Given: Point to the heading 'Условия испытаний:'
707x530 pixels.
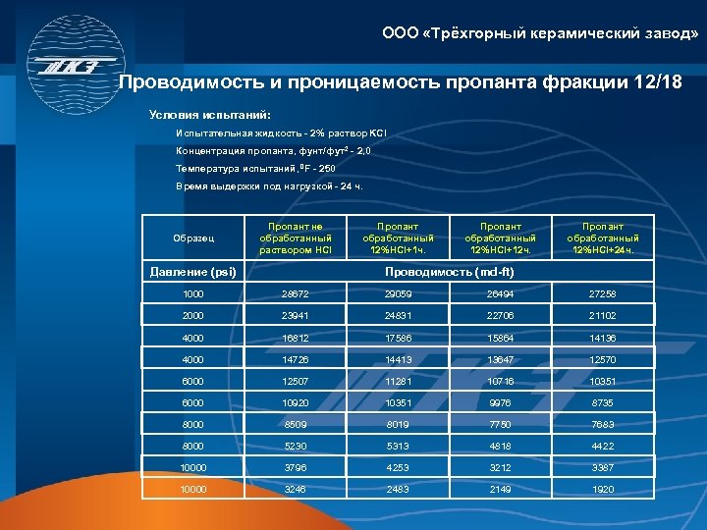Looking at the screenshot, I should pyautogui.click(x=202, y=113).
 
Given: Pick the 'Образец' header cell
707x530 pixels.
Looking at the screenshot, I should pyautogui.click(x=191, y=238).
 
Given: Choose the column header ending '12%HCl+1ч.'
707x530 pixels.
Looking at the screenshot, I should pyautogui.click(x=398, y=238).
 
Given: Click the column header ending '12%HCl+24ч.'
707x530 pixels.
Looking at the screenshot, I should pyautogui.click(x=603, y=238).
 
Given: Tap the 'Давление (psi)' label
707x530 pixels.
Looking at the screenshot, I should pyautogui.click(x=191, y=272).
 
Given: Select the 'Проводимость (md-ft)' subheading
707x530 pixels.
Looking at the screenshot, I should pyautogui.click(x=449, y=272).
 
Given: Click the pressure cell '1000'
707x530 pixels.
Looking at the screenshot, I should pyautogui.click(x=191, y=294).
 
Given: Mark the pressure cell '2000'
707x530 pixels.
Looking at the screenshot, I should pyautogui.click(x=191, y=316).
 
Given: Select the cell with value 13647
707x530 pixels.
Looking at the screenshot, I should pyautogui.click(x=500, y=360).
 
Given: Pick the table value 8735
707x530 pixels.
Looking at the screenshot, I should pyautogui.click(x=603, y=403).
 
